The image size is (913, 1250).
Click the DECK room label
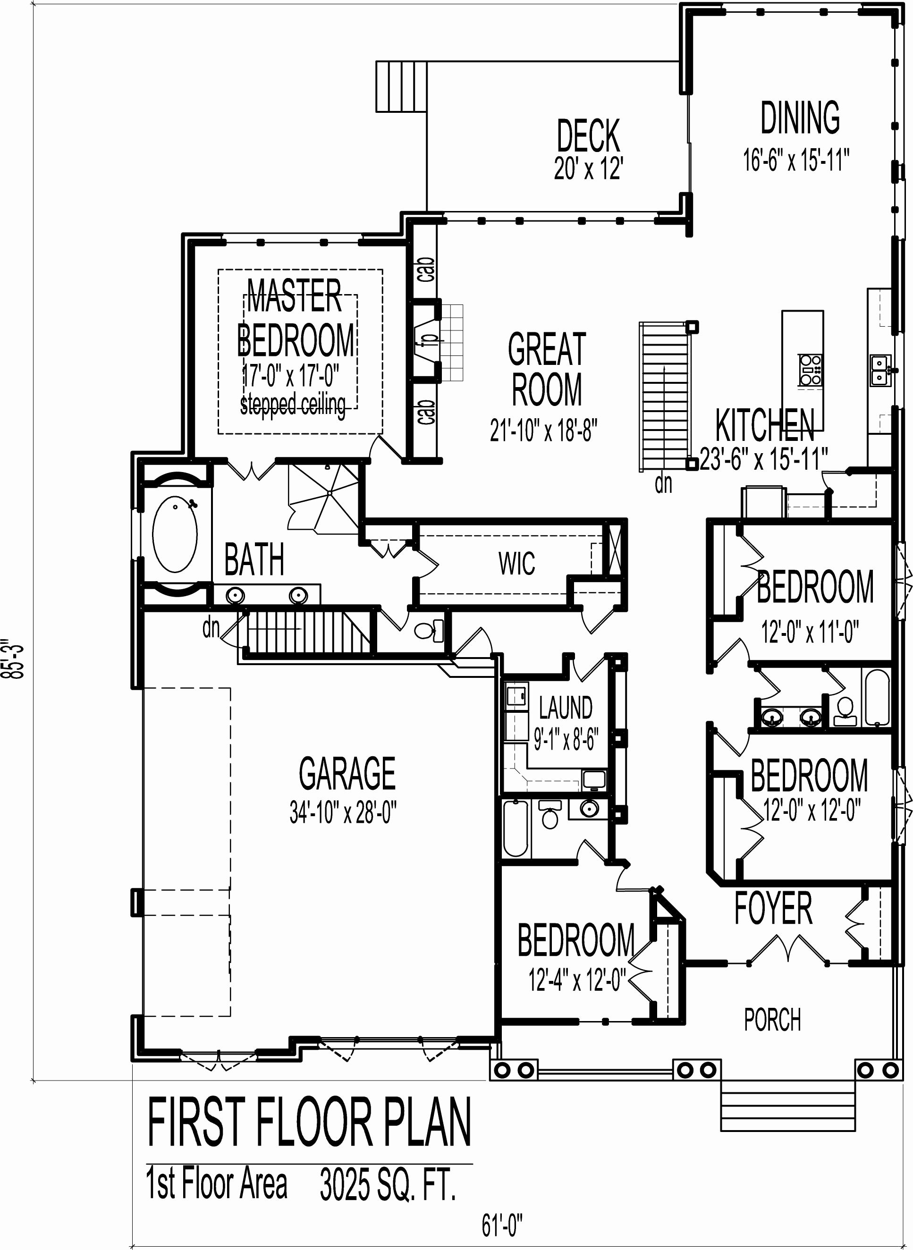pyautogui.click(x=588, y=135)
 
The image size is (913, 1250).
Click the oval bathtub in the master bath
pyautogui.click(x=175, y=535)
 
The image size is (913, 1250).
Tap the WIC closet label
pyautogui.click(x=516, y=564)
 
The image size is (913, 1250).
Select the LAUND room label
pyautogui.click(x=566, y=707)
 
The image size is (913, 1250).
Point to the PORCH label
pyautogui.click(x=772, y=1020)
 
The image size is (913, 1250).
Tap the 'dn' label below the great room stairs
pyautogui.click(x=663, y=484)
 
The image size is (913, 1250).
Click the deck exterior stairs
pyautogui.click(x=402, y=87)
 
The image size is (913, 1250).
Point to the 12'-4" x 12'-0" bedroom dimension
pyautogui.click(x=576, y=980)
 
